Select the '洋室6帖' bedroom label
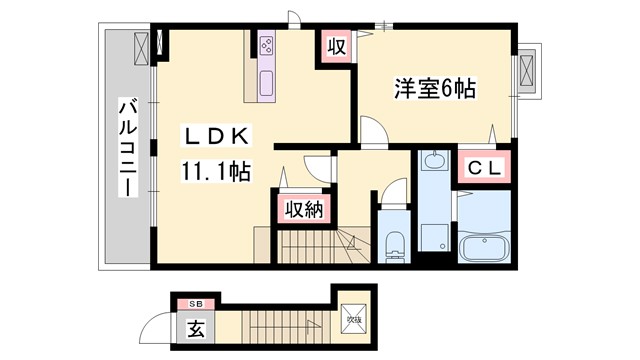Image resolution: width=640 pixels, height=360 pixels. point(432,88)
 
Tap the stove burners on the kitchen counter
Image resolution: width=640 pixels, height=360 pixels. point(267,45)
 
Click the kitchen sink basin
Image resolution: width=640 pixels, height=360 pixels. point(267,82)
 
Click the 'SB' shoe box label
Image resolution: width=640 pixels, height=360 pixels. point(195,302)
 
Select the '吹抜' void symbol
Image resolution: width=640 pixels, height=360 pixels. point(353,319)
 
